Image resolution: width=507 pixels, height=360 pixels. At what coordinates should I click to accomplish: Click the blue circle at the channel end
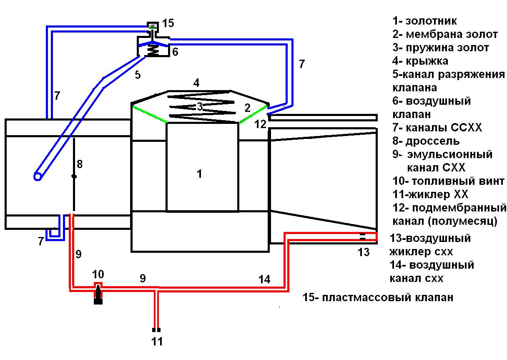click(x=38, y=176)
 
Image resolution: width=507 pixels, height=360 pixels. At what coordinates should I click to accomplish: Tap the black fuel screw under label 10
click(x=98, y=295)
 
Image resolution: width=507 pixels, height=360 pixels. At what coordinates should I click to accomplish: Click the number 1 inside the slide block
click(x=199, y=174)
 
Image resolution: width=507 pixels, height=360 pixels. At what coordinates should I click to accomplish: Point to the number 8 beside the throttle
click(x=80, y=164)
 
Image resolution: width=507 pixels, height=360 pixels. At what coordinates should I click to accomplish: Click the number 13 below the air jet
click(x=364, y=252)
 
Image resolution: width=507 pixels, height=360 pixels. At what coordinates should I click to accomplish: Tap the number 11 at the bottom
click(x=157, y=341)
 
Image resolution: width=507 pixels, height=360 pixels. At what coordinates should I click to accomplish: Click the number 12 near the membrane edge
click(x=261, y=124)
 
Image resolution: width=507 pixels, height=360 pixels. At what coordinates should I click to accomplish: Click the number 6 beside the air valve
click(x=175, y=52)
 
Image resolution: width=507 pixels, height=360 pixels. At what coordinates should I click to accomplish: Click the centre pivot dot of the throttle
click(x=74, y=176)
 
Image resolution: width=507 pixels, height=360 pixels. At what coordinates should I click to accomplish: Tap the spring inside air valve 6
click(x=153, y=51)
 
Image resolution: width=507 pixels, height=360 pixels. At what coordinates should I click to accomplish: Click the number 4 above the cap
click(x=196, y=83)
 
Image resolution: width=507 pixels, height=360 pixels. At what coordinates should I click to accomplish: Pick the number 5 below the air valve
click(x=138, y=75)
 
